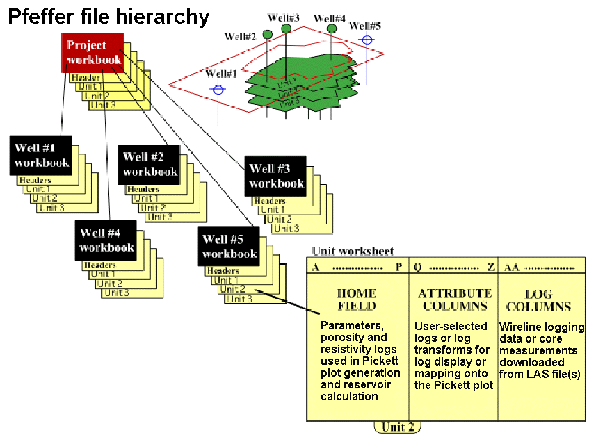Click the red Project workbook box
point(94,53)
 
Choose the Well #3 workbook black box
point(276,176)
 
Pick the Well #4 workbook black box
point(106,240)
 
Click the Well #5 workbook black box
point(229,247)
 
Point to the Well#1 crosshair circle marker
point(218,89)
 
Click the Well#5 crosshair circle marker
point(367,40)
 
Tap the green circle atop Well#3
point(286,28)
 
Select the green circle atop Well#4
point(332,28)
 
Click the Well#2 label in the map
point(240,35)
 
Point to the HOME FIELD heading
point(356,299)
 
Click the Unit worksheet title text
point(353,251)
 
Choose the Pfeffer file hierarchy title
point(108,17)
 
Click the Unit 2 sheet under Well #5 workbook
point(233,289)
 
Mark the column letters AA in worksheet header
point(511,267)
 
